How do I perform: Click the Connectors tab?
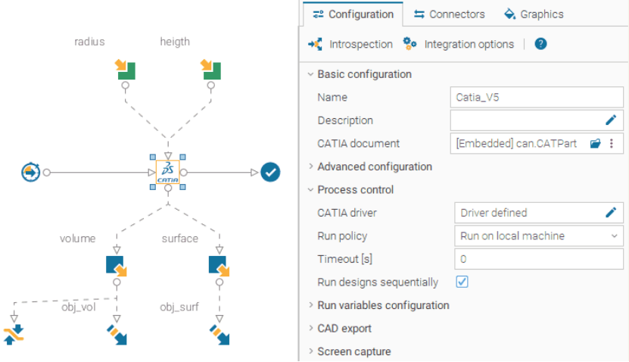point(450,14)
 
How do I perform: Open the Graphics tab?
point(534,14)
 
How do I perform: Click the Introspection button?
point(350,44)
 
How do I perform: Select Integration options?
point(459,44)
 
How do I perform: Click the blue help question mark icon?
point(540,44)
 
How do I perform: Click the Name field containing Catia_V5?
point(537,97)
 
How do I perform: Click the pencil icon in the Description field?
point(611,120)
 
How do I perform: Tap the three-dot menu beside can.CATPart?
point(612,143)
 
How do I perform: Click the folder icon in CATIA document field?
point(595,143)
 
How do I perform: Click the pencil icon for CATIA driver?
point(611,212)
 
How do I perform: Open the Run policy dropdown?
point(539,236)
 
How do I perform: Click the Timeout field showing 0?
point(539,259)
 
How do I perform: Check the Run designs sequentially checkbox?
point(462,282)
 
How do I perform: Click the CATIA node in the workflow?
point(168,172)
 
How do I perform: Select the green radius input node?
point(125,70)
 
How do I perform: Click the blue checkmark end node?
point(270,172)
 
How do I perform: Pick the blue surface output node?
point(219,266)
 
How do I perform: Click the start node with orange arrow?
point(30,172)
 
